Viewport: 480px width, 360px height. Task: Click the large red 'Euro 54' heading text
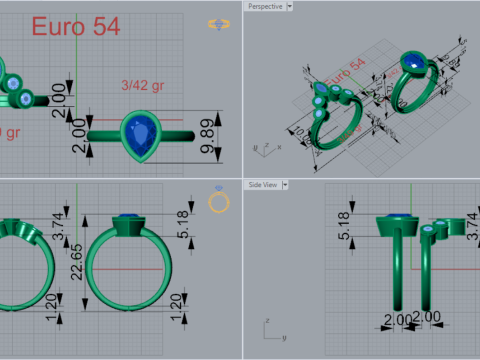click(x=75, y=27)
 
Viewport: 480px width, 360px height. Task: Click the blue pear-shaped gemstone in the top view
click(x=140, y=132)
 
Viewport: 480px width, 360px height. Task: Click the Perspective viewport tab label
click(x=264, y=6)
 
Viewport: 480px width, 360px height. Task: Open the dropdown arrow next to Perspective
click(x=289, y=6)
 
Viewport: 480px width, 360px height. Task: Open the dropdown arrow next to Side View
click(x=288, y=185)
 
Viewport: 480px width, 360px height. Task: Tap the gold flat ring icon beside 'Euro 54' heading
click(x=216, y=24)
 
